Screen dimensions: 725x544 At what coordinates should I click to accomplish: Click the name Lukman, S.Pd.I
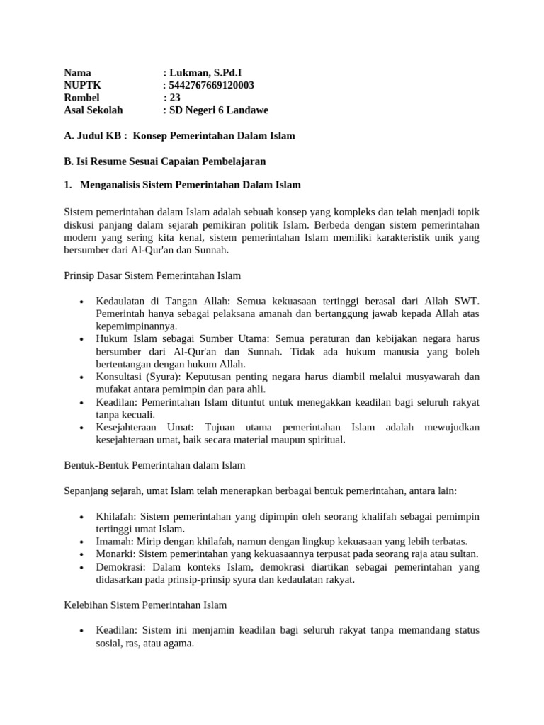[210, 72]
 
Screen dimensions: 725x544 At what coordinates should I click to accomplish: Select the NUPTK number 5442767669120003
[211, 85]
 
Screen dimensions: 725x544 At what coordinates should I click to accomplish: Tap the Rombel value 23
[175, 98]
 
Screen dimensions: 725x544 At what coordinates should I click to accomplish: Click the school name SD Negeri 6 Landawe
[219, 110]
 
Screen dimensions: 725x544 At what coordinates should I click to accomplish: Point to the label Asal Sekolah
[93, 110]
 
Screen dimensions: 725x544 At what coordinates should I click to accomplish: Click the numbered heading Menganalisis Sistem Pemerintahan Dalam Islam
[191, 185]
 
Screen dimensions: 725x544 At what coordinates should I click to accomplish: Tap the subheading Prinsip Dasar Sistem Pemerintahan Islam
[153, 275]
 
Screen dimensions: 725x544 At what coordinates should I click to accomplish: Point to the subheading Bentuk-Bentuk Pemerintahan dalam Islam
[154, 465]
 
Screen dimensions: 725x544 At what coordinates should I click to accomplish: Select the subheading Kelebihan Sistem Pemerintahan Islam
[145, 605]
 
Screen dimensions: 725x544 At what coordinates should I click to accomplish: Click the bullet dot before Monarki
[83, 554]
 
